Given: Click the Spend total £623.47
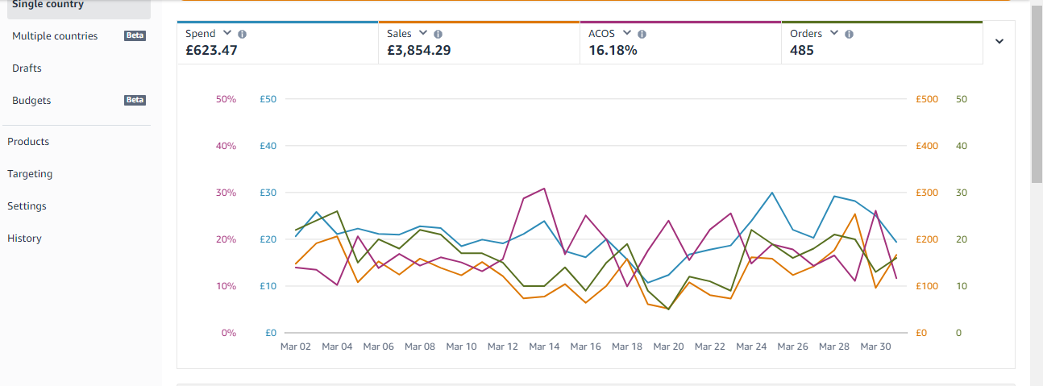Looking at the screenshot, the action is point(211,50).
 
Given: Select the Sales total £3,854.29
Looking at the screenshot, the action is point(418,50).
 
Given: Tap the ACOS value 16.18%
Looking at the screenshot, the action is point(613,50).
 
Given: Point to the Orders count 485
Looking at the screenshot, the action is point(802,50).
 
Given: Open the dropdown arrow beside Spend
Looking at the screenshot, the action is point(226,32).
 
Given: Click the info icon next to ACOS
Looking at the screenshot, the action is point(642,34).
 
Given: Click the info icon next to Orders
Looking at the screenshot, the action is point(849,34).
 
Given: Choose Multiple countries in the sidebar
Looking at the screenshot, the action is point(55,35).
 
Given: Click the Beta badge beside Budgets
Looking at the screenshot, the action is point(135,100).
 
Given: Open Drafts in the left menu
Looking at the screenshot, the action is point(27,68).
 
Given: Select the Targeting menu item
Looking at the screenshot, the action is point(30,174).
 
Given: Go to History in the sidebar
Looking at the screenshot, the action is point(24,239).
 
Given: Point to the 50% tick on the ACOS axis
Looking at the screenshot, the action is point(226,99).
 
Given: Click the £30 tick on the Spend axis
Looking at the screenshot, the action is point(268,193).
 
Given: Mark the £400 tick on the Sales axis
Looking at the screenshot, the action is point(927,146).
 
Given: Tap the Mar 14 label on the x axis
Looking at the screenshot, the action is point(544,347).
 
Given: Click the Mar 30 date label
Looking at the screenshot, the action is point(875,347).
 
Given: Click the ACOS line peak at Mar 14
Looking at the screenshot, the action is point(544,189).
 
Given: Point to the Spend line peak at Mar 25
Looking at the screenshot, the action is point(772,193).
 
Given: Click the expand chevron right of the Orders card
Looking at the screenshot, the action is point(999,41).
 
